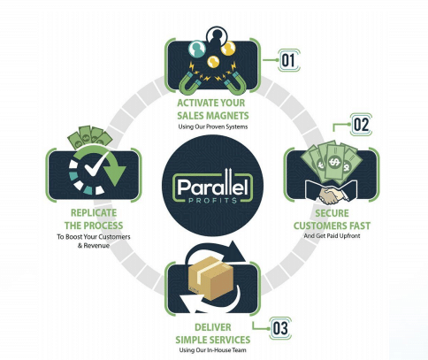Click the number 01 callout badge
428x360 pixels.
click(289, 60)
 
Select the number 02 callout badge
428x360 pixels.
click(361, 125)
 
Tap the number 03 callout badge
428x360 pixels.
click(280, 328)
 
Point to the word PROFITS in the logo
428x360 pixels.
click(212, 201)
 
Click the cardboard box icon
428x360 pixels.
click(211, 278)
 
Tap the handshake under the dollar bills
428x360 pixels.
click(333, 195)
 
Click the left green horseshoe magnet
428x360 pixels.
click(188, 81)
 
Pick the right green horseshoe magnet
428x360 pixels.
click(236, 81)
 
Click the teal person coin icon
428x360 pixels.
click(197, 49)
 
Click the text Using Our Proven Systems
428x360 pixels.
click(213, 126)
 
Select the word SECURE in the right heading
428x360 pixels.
click(332, 213)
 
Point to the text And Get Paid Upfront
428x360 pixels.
click(332, 236)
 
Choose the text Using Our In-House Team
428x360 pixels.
click(212, 350)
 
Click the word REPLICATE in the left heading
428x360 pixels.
click(94, 212)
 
